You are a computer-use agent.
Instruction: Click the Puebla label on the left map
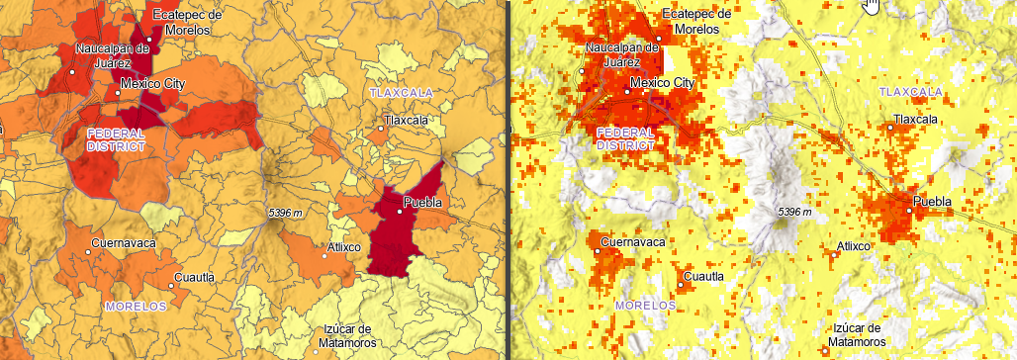(x=421, y=204)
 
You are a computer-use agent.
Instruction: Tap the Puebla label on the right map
(x=932, y=202)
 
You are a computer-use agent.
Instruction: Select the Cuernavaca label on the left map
(x=123, y=242)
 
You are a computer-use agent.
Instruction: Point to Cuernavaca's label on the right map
(x=634, y=240)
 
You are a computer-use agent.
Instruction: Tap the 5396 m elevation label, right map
(x=794, y=212)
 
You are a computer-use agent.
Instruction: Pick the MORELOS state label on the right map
(x=646, y=306)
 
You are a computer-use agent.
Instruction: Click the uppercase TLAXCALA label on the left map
(x=402, y=92)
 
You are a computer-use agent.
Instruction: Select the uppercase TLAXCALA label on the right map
(x=909, y=91)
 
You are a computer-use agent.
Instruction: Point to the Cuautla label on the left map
(x=194, y=277)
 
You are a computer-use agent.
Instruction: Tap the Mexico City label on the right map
(x=663, y=83)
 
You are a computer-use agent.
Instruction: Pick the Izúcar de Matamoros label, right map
(x=858, y=335)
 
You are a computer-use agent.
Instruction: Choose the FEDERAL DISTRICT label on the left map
(x=116, y=139)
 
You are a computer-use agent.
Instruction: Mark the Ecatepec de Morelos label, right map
(x=697, y=21)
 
